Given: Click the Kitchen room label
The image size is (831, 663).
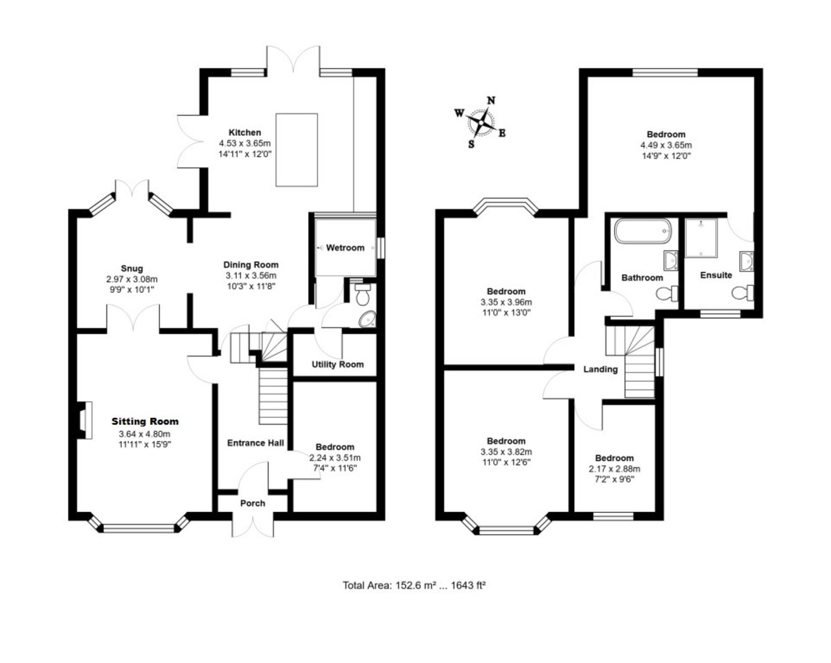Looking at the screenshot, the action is (x=245, y=132).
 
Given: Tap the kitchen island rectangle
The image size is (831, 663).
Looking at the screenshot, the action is (x=296, y=149).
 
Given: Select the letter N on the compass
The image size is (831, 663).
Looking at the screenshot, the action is (x=491, y=100).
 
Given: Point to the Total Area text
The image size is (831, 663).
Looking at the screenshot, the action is (x=414, y=585).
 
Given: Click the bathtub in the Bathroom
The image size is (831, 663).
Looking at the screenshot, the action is (x=643, y=231).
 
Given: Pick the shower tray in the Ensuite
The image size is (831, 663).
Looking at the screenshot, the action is (x=701, y=238).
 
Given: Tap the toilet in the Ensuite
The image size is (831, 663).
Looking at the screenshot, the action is (x=742, y=293).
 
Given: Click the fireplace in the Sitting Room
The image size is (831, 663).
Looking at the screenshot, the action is (x=84, y=420).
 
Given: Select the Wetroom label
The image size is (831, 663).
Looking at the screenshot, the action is (x=346, y=248).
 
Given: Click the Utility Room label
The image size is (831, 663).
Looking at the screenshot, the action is (x=337, y=364).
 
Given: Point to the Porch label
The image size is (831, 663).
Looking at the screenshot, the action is (x=253, y=503).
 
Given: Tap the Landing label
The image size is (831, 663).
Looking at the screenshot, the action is (x=600, y=370).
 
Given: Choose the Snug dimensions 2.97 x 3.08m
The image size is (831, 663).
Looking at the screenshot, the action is (x=132, y=279).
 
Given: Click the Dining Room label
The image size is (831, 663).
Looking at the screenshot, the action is (x=251, y=265).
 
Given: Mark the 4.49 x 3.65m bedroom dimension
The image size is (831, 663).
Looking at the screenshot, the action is (x=666, y=145).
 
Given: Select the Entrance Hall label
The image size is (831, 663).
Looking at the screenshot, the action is (x=256, y=443).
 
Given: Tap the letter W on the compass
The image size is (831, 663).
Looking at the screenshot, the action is (x=459, y=113).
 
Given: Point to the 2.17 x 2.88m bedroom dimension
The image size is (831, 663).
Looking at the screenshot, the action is (x=614, y=469).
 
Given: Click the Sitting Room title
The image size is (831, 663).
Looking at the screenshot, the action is (x=145, y=421).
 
